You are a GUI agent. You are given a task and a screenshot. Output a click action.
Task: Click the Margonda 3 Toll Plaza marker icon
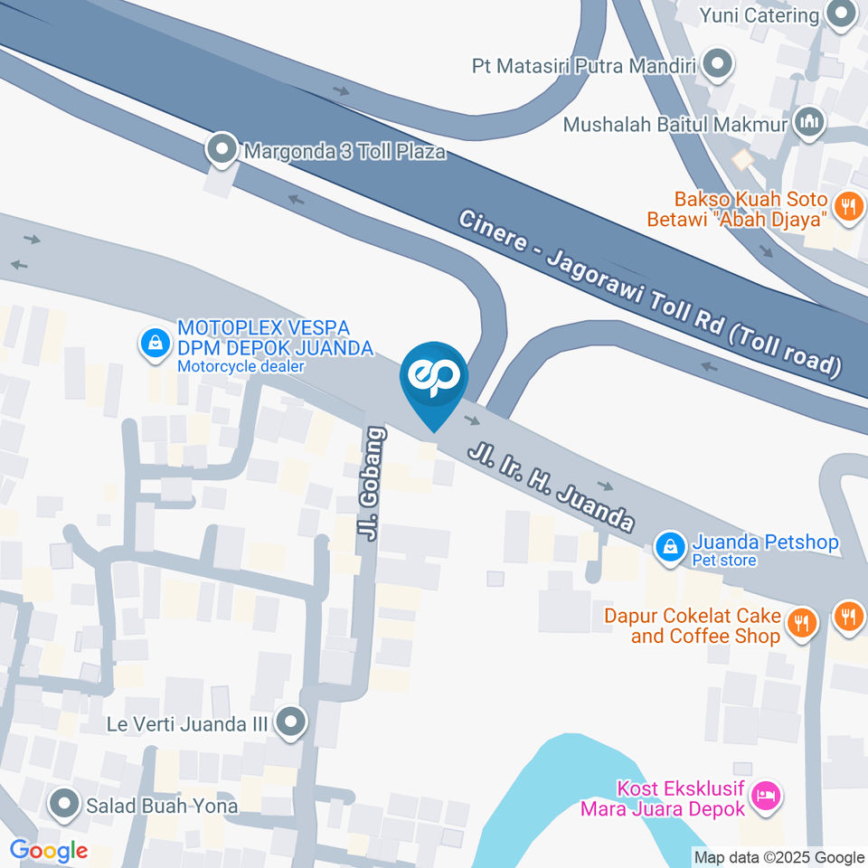(x=222, y=150)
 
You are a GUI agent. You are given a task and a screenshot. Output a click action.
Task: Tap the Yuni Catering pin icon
(x=843, y=14)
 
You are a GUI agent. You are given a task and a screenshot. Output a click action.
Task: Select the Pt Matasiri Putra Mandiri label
(x=588, y=66)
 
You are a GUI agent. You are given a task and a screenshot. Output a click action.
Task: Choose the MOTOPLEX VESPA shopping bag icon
(x=156, y=343)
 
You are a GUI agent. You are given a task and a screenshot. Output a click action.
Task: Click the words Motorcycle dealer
(x=241, y=366)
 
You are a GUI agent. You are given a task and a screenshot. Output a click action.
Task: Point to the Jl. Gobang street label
(x=373, y=484)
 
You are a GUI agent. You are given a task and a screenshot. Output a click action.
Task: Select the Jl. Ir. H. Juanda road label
(x=550, y=486)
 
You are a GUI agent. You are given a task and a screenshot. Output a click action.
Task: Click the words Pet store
(x=723, y=561)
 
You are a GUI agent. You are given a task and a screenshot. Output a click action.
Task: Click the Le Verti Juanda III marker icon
(x=291, y=722)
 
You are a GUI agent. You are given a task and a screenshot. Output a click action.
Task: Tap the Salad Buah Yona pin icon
(x=64, y=804)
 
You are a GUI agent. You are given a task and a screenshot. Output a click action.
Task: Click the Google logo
(x=48, y=850)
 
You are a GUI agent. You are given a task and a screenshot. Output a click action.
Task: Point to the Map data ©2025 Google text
(x=778, y=857)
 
